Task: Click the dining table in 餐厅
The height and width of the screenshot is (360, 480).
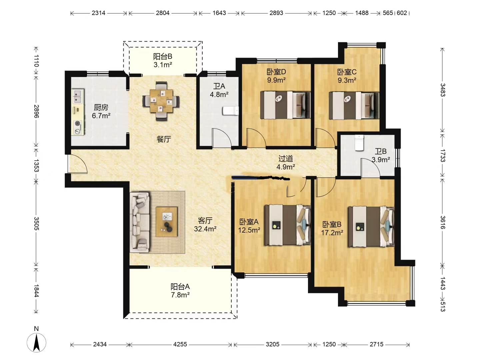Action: [161, 101]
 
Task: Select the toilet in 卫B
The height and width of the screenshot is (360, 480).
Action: [359, 143]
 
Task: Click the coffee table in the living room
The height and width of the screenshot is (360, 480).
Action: [166, 222]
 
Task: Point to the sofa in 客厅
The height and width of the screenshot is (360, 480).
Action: [140, 222]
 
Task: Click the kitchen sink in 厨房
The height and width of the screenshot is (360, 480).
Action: [78, 96]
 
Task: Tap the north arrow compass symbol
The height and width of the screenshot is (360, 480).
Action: [37, 343]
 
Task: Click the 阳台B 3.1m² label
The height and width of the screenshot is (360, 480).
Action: [162, 61]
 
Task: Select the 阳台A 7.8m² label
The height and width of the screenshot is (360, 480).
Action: [180, 291]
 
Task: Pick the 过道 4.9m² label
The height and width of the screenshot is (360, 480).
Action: [286, 163]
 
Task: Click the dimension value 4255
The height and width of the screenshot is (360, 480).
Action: [180, 344]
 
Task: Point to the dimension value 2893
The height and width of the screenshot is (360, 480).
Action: [276, 13]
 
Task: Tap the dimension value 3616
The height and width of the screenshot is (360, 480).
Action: [443, 222]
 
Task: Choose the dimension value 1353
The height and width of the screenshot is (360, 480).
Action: [36, 165]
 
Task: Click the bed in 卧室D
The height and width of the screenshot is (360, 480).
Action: [285, 105]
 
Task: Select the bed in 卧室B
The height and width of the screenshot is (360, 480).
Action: [371, 227]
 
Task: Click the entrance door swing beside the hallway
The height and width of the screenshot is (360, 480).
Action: [78, 164]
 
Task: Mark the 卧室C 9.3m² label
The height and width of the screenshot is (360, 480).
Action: [347, 76]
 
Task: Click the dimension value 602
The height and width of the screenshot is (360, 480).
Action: [402, 13]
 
